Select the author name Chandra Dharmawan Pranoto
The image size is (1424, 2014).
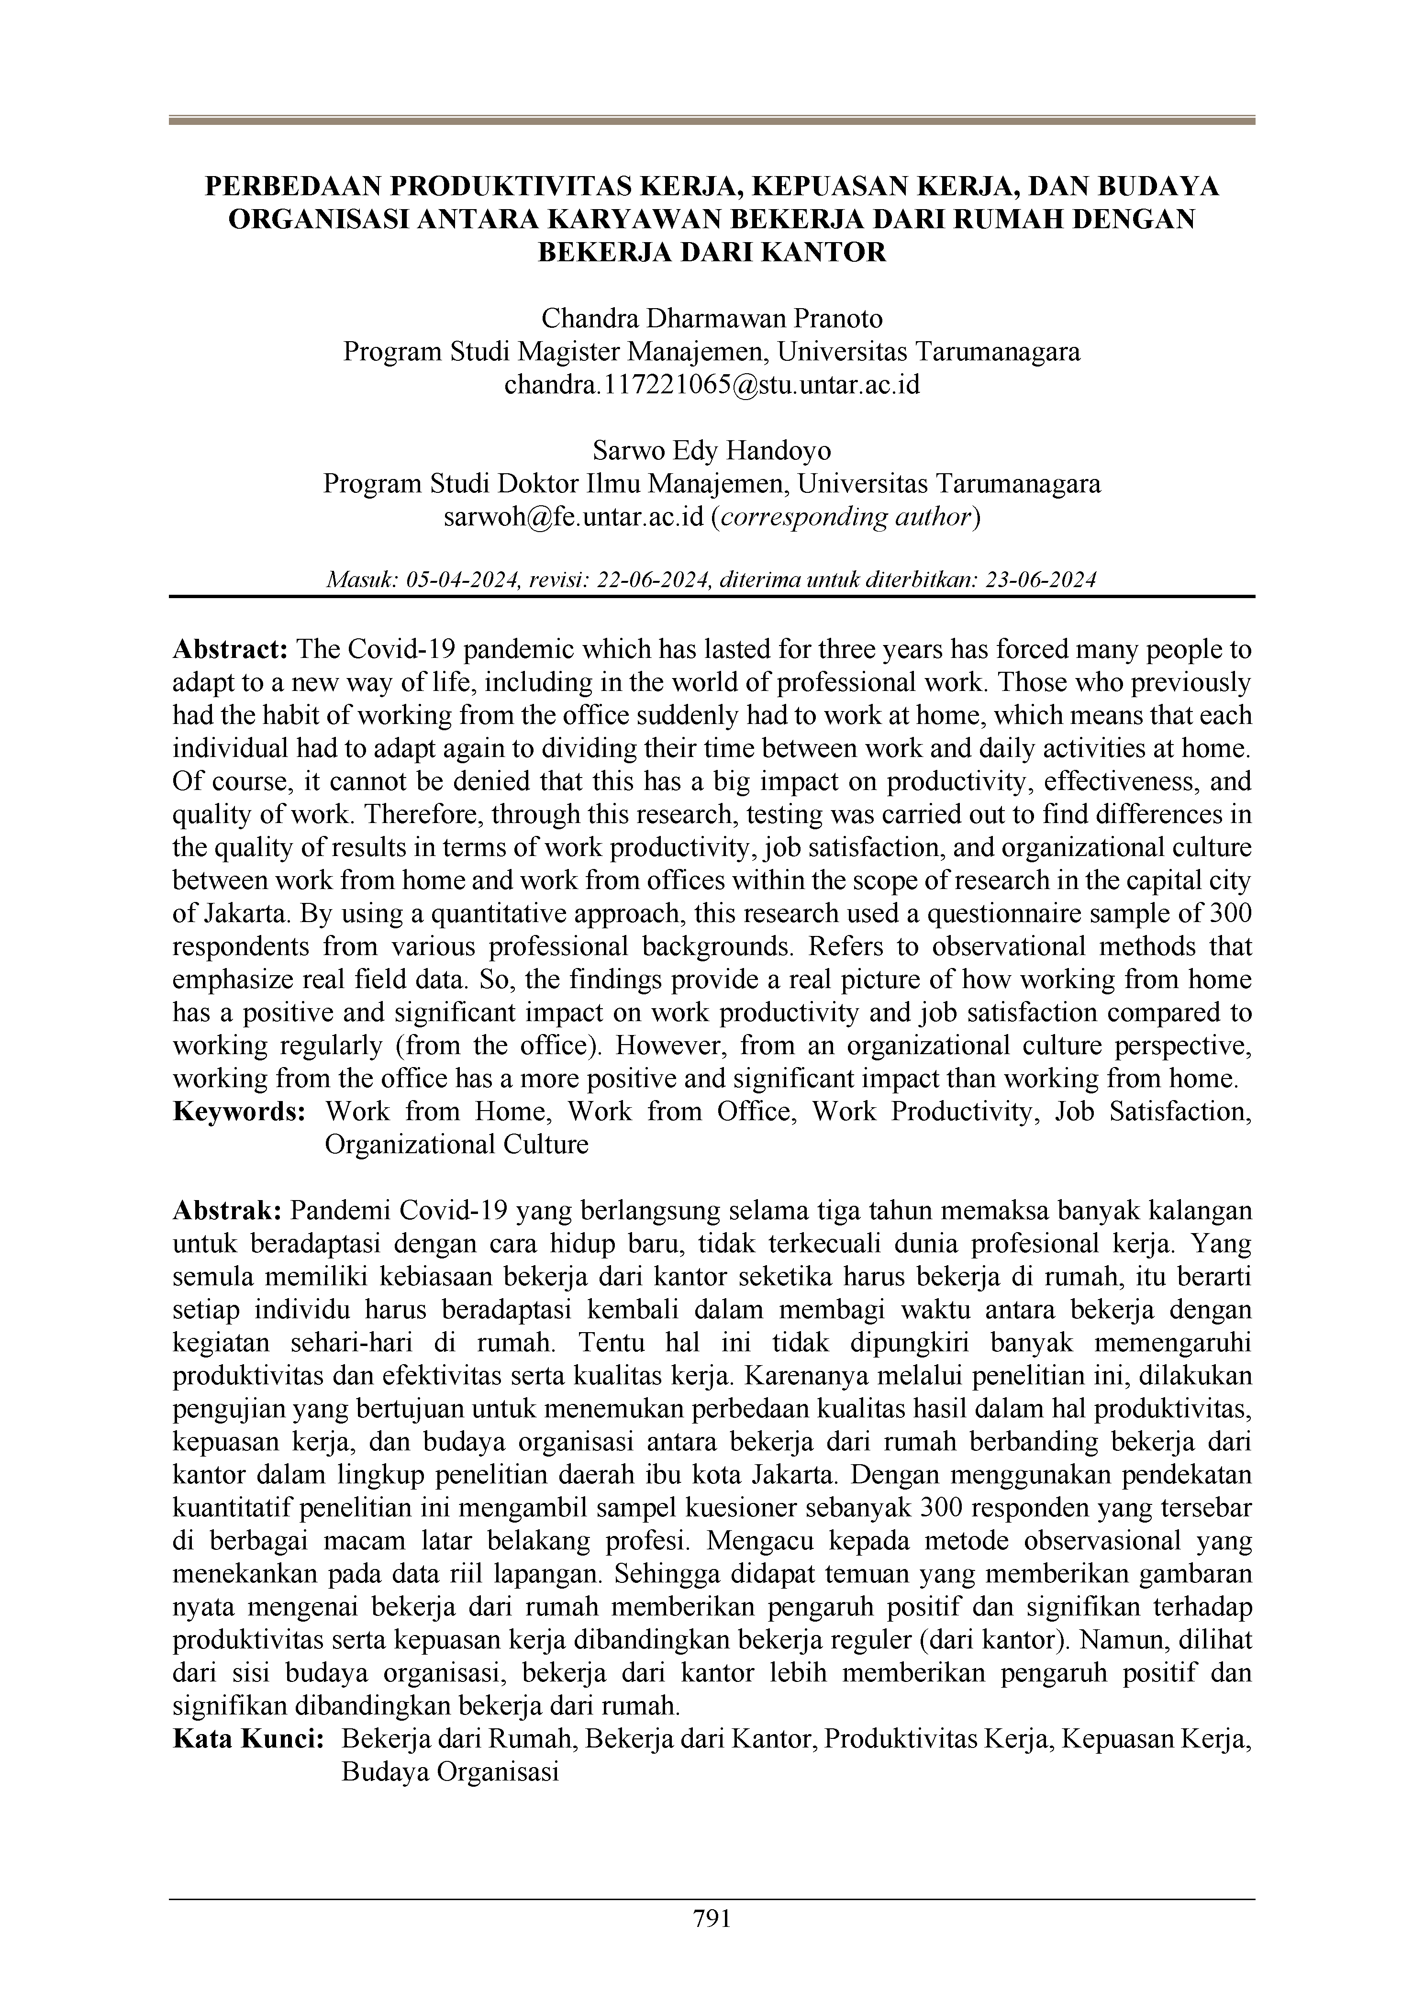pyautogui.click(x=712, y=318)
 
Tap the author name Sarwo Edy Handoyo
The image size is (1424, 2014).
pyautogui.click(x=712, y=451)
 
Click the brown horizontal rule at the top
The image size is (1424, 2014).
pyautogui.click(x=712, y=120)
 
